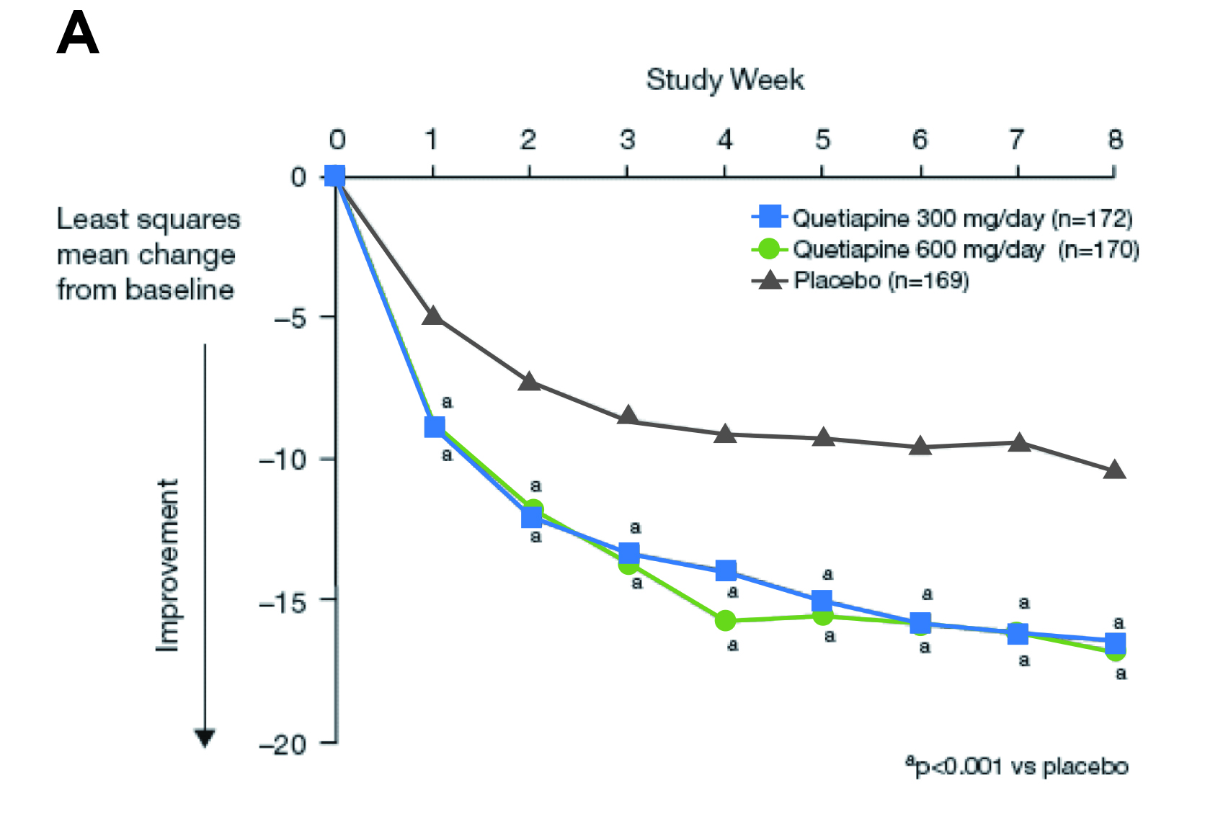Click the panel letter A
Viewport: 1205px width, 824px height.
pos(78,34)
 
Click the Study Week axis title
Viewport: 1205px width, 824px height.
pos(724,79)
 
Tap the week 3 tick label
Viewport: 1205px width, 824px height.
pos(627,140)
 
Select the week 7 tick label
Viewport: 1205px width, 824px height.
pos(1016,140)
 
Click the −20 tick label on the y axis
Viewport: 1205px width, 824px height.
pos(285,744)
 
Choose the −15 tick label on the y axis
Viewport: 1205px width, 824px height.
pos(285,601)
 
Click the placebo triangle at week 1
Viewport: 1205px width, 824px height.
pos(433,315)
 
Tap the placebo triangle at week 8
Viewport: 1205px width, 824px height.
pos(1114,470)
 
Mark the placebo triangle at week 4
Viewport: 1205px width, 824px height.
pos(725,434)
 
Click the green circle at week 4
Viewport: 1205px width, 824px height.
pos(725,620)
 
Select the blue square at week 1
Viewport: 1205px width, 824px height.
pos(434,427)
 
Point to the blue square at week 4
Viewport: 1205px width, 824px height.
pos(726,571)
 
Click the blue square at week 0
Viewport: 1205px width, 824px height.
pos(335,176)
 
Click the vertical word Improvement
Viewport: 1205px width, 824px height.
pos(167,565)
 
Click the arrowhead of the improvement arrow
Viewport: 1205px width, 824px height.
pos(205,738)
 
